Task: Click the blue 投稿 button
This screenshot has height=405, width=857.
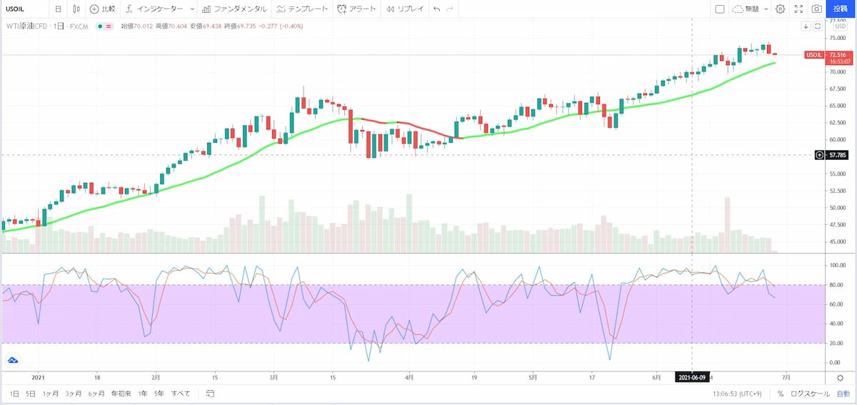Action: click(840, 9)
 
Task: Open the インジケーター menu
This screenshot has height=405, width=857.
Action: click(154, 9)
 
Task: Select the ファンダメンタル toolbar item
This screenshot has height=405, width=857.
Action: click(234, 9)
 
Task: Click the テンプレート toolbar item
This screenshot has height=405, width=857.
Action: click(303, 9)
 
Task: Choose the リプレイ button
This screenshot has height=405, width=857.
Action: click(404, 9)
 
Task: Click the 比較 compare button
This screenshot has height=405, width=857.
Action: click(102, 9)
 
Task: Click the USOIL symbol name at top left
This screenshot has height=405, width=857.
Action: click(16, 9)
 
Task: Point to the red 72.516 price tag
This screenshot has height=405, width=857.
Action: click(816, 55)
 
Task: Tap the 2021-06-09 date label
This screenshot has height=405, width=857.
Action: click(693, 377)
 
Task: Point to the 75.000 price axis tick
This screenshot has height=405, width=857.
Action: click(836, 38)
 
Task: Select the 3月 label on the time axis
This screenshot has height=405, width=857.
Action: click(274, 377)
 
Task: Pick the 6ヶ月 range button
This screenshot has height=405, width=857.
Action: click(96, 394)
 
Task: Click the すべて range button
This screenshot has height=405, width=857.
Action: click(180, 394)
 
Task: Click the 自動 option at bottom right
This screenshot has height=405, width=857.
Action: click(843, 394)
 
